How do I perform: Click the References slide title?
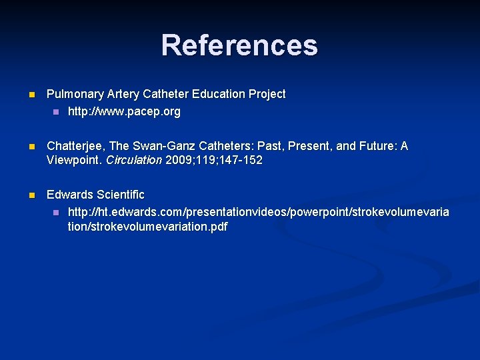pos(239,45)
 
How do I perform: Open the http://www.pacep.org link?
pos(124,112)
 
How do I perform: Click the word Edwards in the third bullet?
pos(69,195)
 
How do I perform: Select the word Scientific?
pos(120,195)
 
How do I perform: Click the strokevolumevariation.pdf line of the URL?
pos(147,227)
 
